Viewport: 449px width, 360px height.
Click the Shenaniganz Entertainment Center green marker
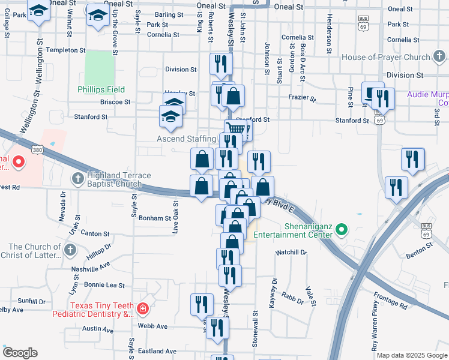[342, 230]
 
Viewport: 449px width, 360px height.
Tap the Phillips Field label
[101, 89]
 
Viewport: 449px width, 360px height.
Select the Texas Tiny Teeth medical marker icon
[143, 309]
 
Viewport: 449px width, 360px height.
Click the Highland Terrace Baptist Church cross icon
[78, 179]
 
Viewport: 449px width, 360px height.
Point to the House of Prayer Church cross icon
[440, 58]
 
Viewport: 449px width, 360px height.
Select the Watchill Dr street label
[291, 253]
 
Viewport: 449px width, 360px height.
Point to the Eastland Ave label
[158, 351]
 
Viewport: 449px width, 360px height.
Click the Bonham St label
[155, 218]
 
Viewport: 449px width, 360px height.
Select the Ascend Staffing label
[185, 139]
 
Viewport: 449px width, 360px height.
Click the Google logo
[20, 353]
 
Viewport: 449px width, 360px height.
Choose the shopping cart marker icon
[237, 129]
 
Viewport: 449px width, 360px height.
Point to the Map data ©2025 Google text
[411, 355]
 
